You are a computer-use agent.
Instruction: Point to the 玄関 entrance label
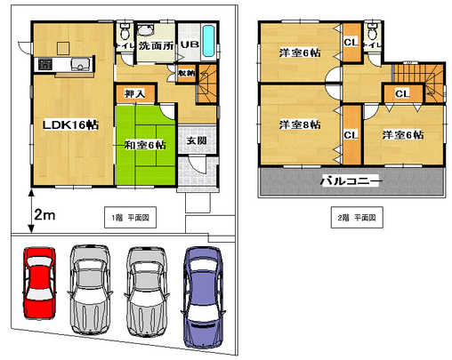click(x=198, y=140)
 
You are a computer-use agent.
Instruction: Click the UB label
click(x=190, y=44)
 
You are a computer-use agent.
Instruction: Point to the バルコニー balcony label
click(x=351, y=182)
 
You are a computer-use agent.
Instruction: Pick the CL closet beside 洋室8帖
click(x=351, y=134)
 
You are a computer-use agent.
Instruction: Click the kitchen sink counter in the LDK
click(x=63, y=64)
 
